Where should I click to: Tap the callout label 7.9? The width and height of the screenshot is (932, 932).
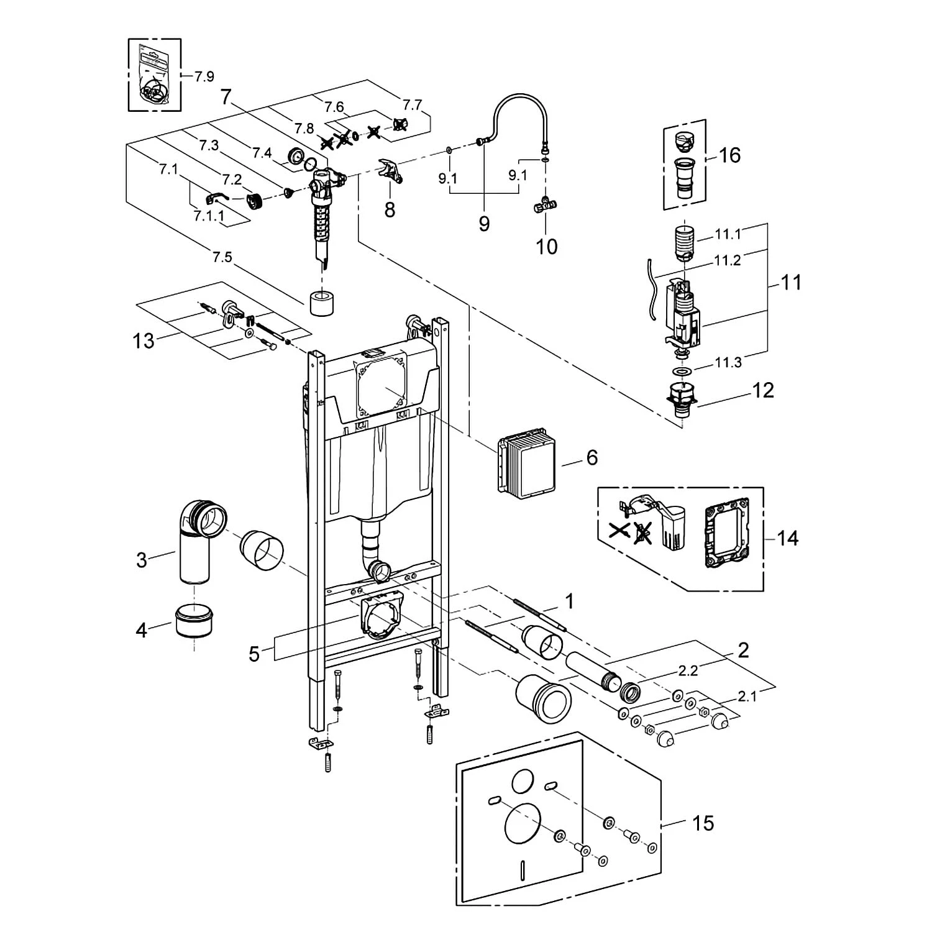coord(204,76)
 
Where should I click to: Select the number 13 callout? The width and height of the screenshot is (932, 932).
coord(144,340)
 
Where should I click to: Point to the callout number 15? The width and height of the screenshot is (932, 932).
coord(703,823)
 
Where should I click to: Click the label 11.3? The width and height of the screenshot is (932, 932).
coord(728,362)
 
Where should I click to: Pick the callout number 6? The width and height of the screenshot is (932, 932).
coord(592,457)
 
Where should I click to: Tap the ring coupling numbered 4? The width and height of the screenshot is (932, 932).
coord(195,621)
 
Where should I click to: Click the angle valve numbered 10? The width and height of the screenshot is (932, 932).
coord(545,205)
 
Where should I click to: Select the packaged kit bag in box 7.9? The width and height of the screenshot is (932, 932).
coord(153,75)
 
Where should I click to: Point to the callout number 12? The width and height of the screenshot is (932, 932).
coord(763,390)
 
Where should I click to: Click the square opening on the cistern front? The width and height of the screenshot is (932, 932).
coord(381,386)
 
